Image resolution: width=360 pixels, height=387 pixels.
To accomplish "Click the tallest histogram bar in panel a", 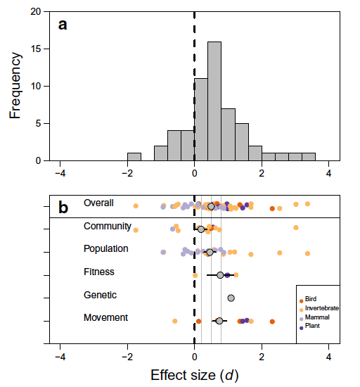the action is tap(214, 101).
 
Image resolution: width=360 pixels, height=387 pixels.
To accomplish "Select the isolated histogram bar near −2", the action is tap(134, 157).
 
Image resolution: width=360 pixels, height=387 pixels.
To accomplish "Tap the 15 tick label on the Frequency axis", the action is tap(36, 49).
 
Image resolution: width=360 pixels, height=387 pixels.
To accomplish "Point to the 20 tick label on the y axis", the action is tap(36, 11).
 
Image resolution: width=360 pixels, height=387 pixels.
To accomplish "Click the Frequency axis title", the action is tap(15, 85).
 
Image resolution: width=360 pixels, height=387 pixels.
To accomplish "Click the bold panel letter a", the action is tap(63, 25).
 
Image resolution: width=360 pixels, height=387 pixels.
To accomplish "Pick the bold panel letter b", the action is tap(63, 207).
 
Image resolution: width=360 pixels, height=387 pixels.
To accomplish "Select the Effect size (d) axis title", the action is tap(195, 376).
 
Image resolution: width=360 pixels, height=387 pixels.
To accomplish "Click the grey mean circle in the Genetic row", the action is tap(231, 298).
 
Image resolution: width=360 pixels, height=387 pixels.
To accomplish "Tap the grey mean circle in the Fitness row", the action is tap(220, 275).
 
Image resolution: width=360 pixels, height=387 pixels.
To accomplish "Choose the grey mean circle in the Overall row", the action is tap(211, 206).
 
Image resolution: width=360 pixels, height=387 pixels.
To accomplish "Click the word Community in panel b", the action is tap(108, 227).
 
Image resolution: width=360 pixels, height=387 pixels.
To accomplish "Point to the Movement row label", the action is tap(105, 317).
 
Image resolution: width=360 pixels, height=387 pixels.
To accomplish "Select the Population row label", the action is tap(106, 249).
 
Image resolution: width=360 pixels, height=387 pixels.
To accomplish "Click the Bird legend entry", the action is tap(308, 299).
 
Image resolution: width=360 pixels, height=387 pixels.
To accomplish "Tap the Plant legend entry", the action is tap(309, 326).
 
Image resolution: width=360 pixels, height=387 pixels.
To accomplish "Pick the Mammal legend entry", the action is tap(314, 317).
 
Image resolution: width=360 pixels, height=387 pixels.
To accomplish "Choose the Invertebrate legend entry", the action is tap(319, 308).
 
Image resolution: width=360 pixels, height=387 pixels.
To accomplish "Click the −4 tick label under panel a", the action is tap(60, 174).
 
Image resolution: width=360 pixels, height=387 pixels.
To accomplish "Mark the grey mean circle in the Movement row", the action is tap(219, 321).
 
